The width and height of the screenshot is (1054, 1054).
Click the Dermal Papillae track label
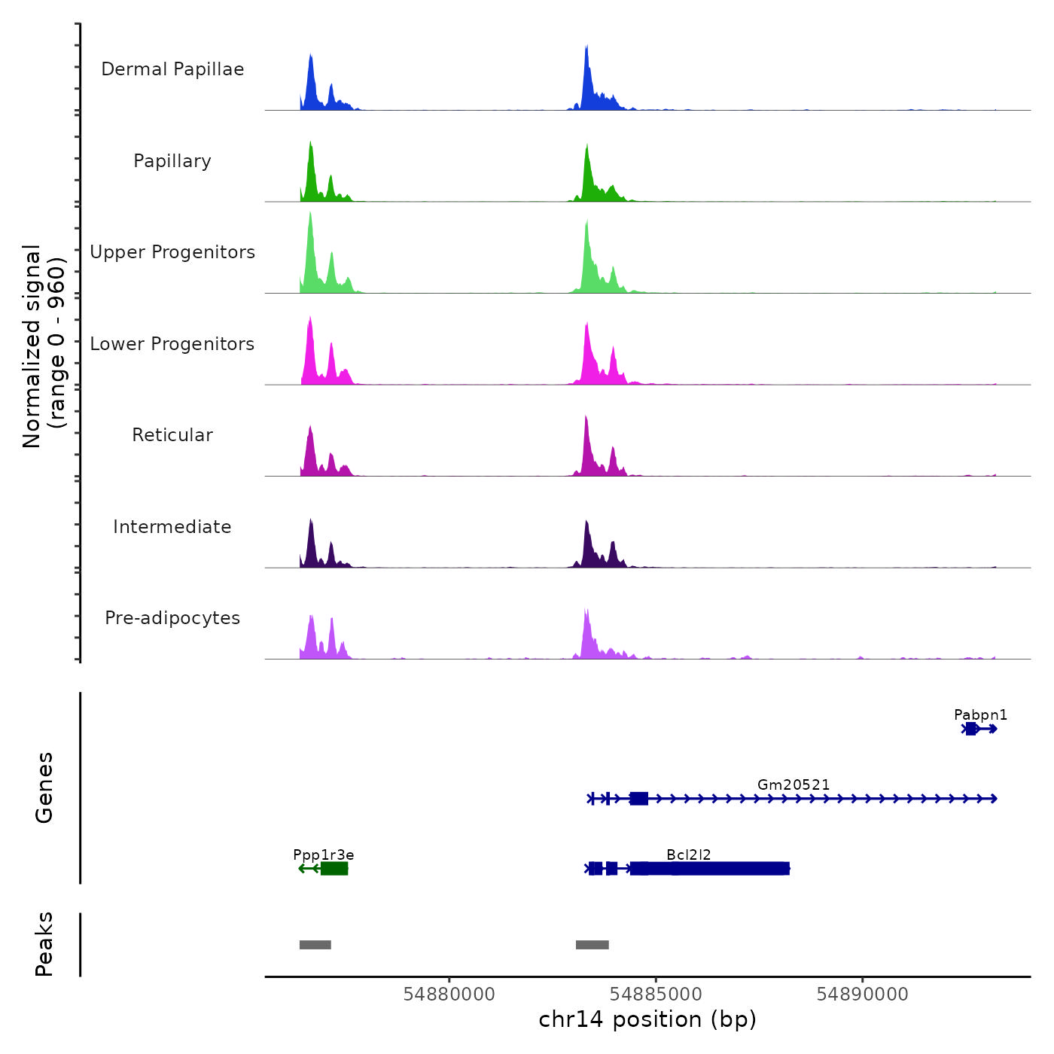172,69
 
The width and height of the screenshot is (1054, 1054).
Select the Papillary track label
172,161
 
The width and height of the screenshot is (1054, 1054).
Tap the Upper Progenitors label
172,252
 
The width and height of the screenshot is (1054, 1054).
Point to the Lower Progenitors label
172,344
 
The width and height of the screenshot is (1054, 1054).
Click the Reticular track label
172,435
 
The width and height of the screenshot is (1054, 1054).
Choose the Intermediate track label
172,527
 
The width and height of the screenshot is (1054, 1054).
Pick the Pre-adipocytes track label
172,618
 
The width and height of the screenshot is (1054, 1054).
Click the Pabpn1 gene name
980,714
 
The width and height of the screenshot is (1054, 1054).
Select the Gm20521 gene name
794,784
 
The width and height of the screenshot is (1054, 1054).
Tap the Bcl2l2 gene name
688,854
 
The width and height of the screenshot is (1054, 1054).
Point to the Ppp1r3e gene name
323,854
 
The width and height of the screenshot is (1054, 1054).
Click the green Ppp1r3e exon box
334,869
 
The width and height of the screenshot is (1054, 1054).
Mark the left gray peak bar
315,945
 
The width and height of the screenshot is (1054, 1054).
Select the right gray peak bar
592,945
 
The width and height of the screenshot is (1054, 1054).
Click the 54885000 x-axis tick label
656,994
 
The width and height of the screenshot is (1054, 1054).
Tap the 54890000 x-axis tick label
862,994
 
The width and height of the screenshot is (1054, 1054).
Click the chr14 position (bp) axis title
647,1019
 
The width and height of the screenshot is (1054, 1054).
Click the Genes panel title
44,787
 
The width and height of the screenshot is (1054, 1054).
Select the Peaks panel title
44,944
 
